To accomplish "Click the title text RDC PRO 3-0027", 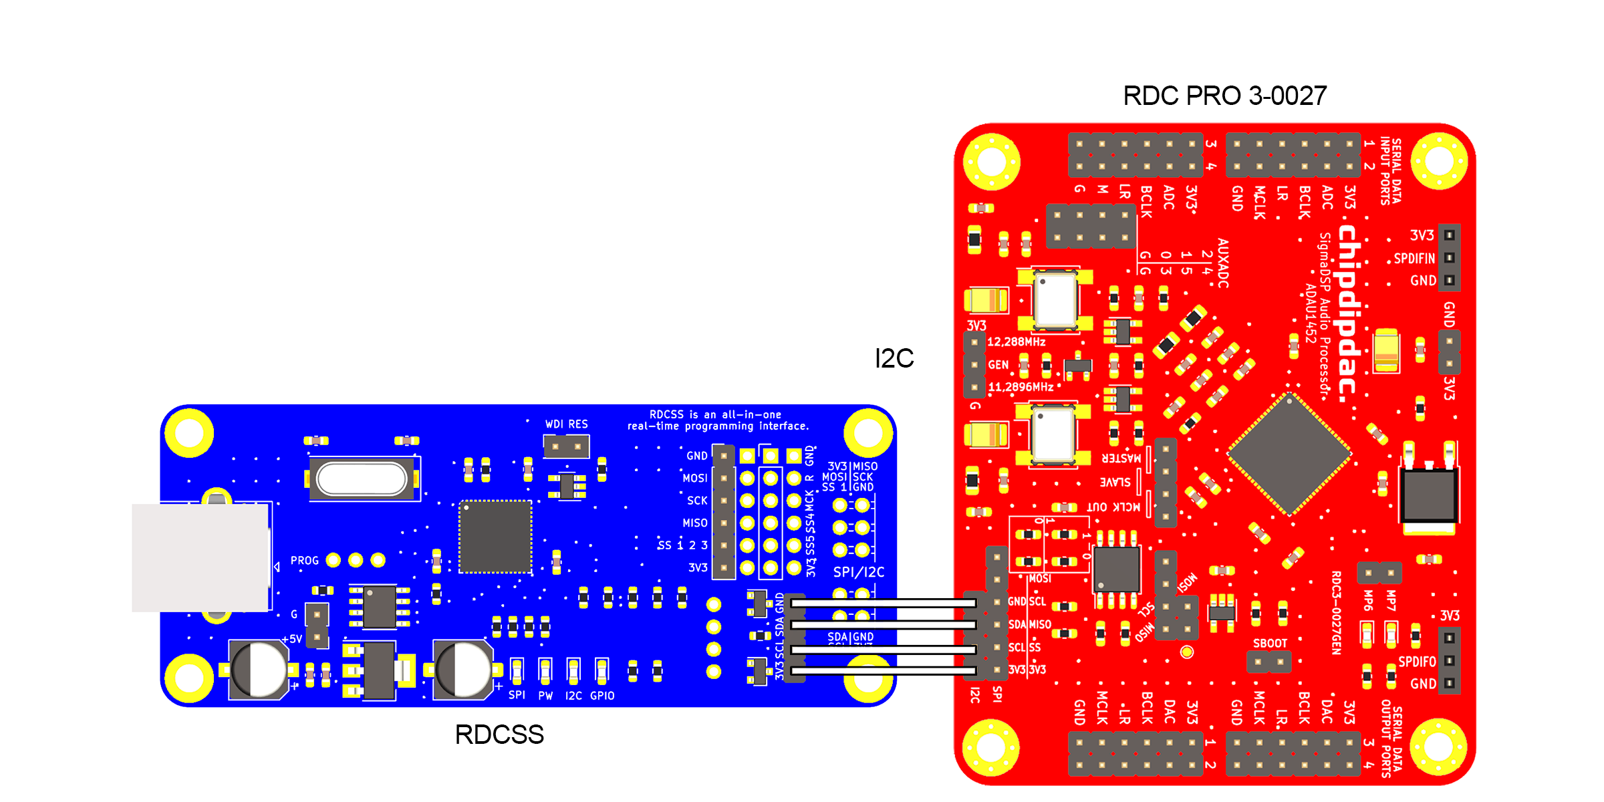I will click(1224, 96).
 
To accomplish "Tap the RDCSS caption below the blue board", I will click(499, 734).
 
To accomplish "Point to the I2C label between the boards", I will click(894, 358).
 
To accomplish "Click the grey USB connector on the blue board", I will click(200, 557).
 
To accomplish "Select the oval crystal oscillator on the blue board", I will click(362, 479).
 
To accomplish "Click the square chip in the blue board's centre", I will click(495, 537).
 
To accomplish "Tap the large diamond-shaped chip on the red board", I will click(1290, 454).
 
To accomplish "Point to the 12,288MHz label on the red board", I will click(1016, 342).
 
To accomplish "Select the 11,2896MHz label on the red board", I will click(1021, 387).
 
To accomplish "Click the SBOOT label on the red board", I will click(1270, 644).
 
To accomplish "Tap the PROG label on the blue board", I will click(304, 561).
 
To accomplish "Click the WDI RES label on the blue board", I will click(566, 424).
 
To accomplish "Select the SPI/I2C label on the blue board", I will click(859, 572).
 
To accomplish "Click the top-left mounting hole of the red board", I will click(992, 161).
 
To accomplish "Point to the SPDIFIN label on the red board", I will click(1414, 259).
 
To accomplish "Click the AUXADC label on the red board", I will click(1222, 263).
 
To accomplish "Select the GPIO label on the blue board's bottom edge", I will click(602, 696).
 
